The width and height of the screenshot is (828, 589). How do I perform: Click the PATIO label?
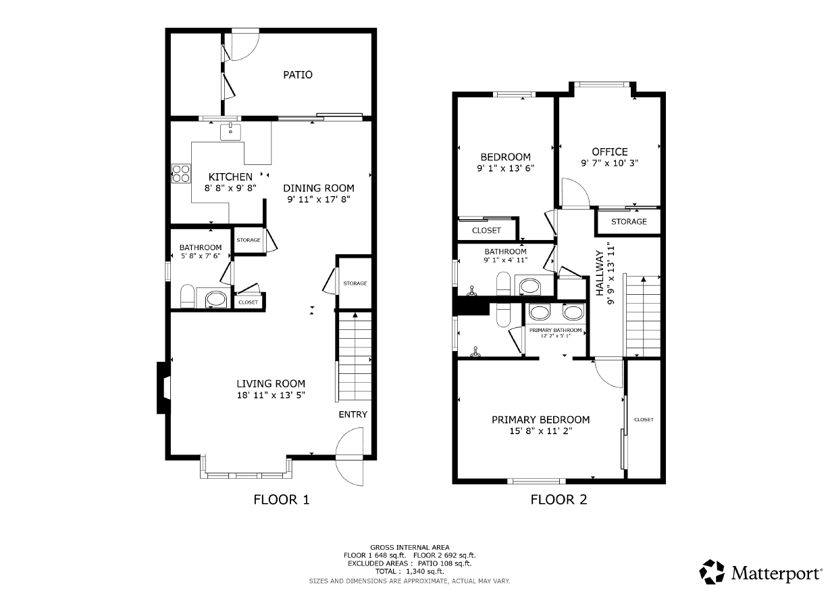tap(298, 75)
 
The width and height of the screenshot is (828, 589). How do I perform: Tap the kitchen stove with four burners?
tap(181, 174)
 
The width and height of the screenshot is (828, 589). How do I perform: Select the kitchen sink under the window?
tap(231, 132)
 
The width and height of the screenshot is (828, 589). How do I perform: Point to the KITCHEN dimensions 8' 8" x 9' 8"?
tap(230, 188)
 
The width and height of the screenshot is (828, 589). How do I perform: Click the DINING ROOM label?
tap(319, 188)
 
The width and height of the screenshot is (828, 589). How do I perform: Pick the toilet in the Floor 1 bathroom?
tap(187, 296)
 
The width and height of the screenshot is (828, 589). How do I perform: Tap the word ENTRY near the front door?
tap(353, 415)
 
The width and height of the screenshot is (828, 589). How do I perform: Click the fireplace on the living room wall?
tap(163, 387)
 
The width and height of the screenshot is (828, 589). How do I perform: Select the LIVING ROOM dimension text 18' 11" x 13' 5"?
tap(271, 395)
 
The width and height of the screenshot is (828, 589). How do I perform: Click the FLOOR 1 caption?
tap(282, 500)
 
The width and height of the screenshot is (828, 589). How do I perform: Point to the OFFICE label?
tap(610, 151)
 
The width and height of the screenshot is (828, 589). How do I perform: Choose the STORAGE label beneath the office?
tap(629, 222)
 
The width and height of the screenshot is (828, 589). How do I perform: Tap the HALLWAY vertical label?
tap(600, 273)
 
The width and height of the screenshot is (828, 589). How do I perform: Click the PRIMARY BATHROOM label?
tap(556, 330)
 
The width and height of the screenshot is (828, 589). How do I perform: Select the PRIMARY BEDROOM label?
tap(540, 420)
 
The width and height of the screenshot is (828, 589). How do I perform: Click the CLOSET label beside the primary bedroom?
tap(644, 419)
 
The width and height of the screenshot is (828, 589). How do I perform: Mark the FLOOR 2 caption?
tap(559, 500)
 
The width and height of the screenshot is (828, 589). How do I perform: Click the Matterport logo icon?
tap(712, 572)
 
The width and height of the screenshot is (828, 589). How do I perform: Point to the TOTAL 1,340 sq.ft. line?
tap(409, 571)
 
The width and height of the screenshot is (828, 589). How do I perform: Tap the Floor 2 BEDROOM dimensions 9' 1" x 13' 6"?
tap(505, 168)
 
